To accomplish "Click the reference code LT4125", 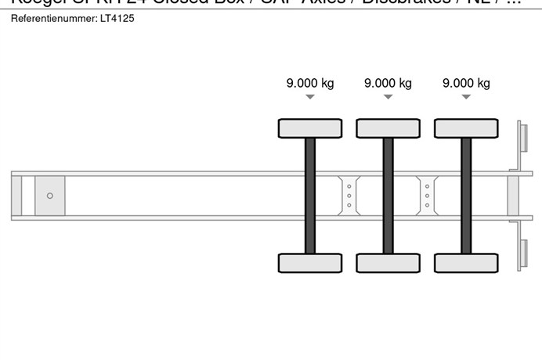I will [117, 17].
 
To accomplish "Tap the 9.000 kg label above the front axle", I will [310, 83].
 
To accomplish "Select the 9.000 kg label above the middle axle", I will [388, 83].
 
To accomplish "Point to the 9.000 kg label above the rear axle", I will [466, 83].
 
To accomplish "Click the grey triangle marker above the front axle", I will [310, 97].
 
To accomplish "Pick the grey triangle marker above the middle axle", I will [388, 97].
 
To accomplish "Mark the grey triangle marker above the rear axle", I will [466, 97].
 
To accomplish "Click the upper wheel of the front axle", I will [310, 128].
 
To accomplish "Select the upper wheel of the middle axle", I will [388, 128].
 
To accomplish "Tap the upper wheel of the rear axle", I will [466, 128].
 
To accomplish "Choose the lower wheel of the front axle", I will [310, 263].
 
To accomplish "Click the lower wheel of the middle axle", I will [388, 263].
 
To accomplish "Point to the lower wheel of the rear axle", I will [466, 263].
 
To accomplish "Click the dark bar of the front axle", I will [310, 196].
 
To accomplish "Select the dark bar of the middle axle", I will [388, 196].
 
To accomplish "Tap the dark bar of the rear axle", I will [466, 196].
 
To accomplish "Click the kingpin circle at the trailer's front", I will [50, 196].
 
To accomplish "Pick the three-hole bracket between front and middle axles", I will [349, 196].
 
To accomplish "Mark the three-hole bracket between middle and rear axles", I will [427, 196].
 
